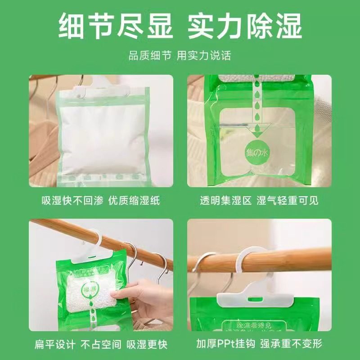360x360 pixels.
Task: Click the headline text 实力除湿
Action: pyautogui.click(x=245, y=27)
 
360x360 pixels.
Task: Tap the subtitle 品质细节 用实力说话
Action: pyautogui.click(x=180, y=55)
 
